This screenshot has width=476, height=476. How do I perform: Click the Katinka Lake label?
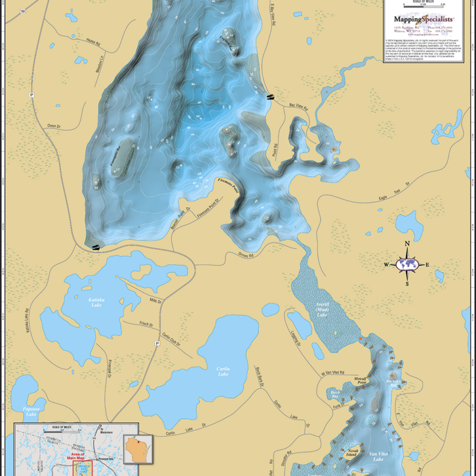tap(96, 302)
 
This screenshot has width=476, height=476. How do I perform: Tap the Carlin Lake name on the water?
tap(223, 371)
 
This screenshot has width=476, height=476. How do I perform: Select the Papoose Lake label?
tap(32, 409)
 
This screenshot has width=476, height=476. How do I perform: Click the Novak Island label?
tap(353, 453)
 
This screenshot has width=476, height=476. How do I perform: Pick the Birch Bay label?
tap(334, 393)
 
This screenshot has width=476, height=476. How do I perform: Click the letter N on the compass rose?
tap(407, 244)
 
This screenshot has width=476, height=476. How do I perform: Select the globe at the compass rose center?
tap(407, 264)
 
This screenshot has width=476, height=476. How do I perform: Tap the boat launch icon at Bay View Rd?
tap(271, 96)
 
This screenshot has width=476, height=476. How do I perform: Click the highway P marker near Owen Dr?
tap(30, 94)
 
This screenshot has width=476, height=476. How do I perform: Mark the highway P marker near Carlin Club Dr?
tap(157, 343)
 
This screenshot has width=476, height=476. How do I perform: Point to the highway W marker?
tap(23, 11)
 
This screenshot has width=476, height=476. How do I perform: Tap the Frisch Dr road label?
tap(146, 324)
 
